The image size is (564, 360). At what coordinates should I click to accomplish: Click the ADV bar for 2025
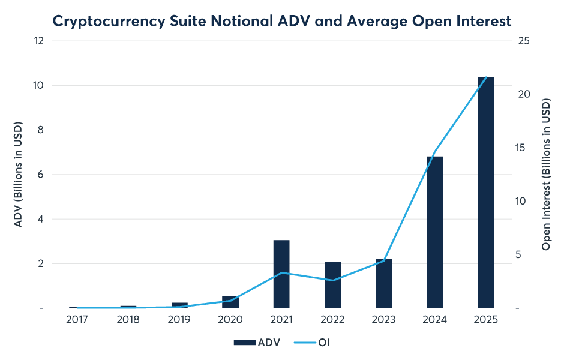485,192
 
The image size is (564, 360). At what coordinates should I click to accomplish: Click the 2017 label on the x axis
77,320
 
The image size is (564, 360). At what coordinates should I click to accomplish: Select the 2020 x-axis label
230,320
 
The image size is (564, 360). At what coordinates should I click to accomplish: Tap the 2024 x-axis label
434,320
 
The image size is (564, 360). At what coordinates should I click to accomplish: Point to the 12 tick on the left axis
39,41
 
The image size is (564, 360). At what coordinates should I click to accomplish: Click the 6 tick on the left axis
41,175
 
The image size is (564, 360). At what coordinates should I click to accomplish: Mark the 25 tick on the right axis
523,41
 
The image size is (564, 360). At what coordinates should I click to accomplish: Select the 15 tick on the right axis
523,148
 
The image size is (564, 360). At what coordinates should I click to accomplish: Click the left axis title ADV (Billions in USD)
18,175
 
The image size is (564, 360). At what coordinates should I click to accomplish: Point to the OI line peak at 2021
281,273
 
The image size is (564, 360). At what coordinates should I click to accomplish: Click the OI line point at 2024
434,151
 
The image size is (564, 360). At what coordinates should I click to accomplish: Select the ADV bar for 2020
230,302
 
